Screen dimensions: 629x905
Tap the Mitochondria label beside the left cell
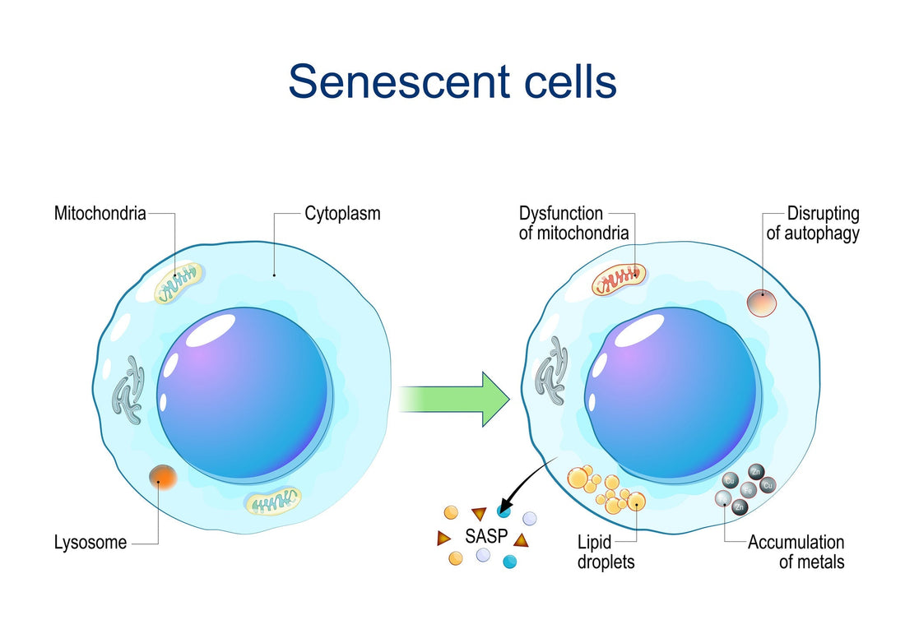coord(100,214)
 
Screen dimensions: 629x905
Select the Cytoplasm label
coord(342,214)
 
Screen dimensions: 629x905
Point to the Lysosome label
coord(90,543)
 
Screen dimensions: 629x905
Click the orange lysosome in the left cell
coord(162,477)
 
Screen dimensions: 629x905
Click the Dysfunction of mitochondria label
coord(573,224)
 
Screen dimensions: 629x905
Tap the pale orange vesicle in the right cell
coord(761,302)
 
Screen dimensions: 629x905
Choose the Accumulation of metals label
coord(796,553)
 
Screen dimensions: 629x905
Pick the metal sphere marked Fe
coord(747,489)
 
